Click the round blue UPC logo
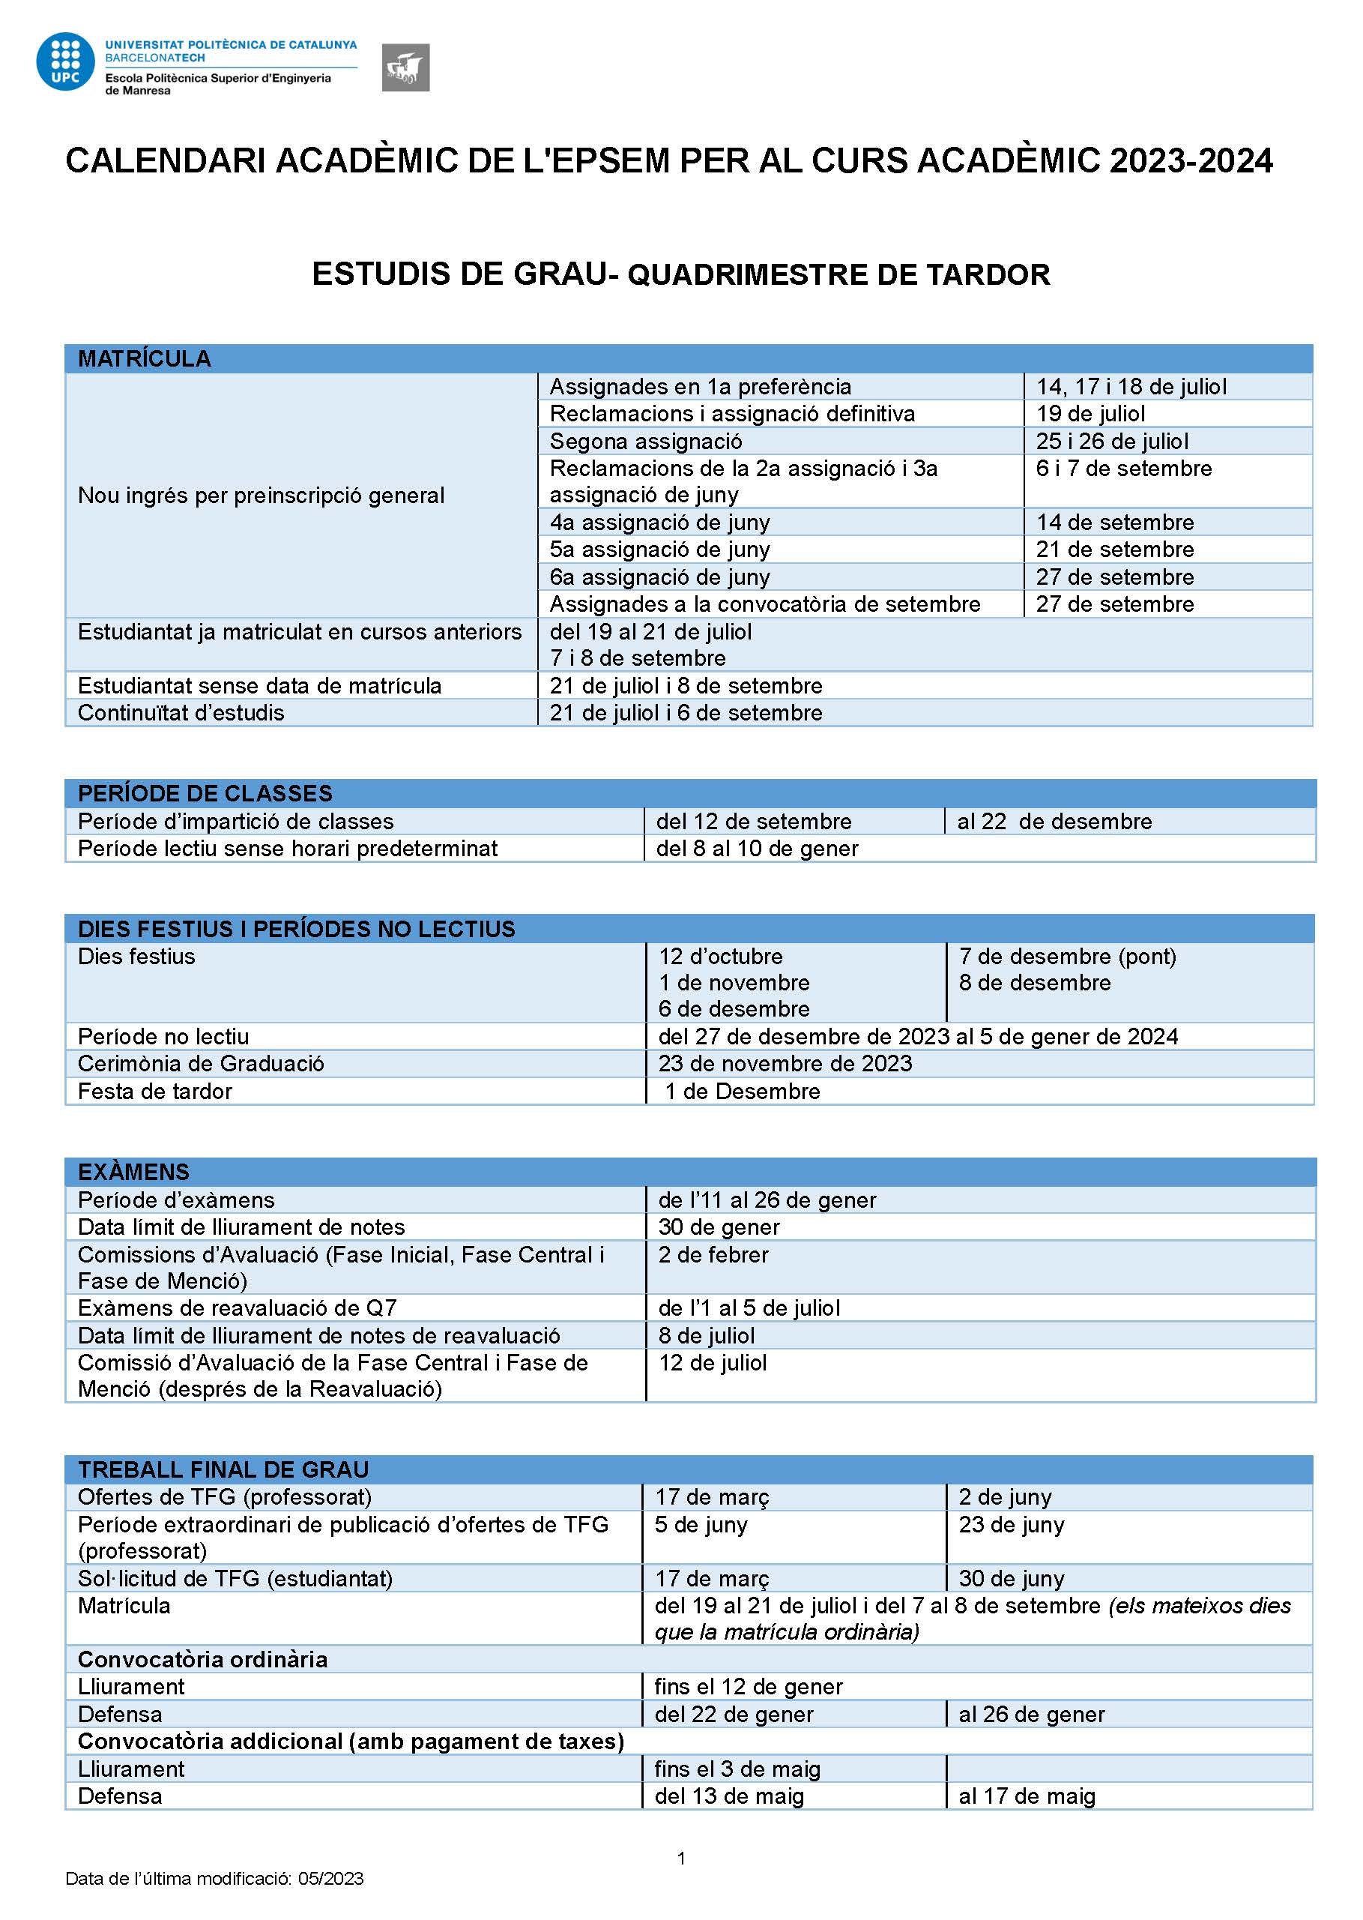pyautogui.click(x=64, y=61)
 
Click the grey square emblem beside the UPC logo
pyautogui.click(x=405, y=67)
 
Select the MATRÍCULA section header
pyautogui.click(x=145, y=358)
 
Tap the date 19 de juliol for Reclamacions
pyautogui.click(x=1090, y=413)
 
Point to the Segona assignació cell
pyautogui.click(x=645, y=441)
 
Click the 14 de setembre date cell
pyautogui.click(x=1114, y=523)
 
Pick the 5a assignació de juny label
pyautogui.click(x=659, y=549)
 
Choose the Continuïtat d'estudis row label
pyautogui.click(x=181, y=713)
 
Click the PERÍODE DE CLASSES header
pyautogui.click(x=205, y=793)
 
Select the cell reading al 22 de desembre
pyautogui.click(x=1054, y=821)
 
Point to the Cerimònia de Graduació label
pyautogui.click(x=201, y=1064)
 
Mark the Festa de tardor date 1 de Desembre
pyautogui.click(x=743, y=1092)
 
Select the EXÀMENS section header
pyautogui.click(x=133, y=1172)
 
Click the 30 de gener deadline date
pyautogui.click(x=719, y=1227)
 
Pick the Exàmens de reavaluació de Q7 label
pyautogui.click(x=238, y=1308)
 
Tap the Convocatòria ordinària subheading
pyautogui.click(x=202, y=1659)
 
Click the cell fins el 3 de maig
pyautogui.click(x=737, y=1769)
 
